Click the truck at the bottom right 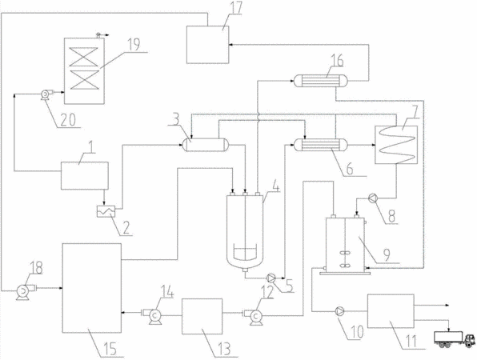tap(454, 339)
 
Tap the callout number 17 tap(234, 8)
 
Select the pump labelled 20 tap(46, 94)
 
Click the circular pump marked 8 tap(373, 198)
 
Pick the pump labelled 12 tap(255, 316)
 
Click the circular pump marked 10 tap(339, 311)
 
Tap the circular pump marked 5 tap(271, 278)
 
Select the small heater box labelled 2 tap(106, 211)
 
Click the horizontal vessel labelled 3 tap(206, 145)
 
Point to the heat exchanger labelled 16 tap(320, 81)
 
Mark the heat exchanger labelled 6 tap(320, 145)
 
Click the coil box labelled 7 tap(396, 145)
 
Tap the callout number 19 tap(133, 44)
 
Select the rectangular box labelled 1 tap(85, 176)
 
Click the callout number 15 tap(110, 349)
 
